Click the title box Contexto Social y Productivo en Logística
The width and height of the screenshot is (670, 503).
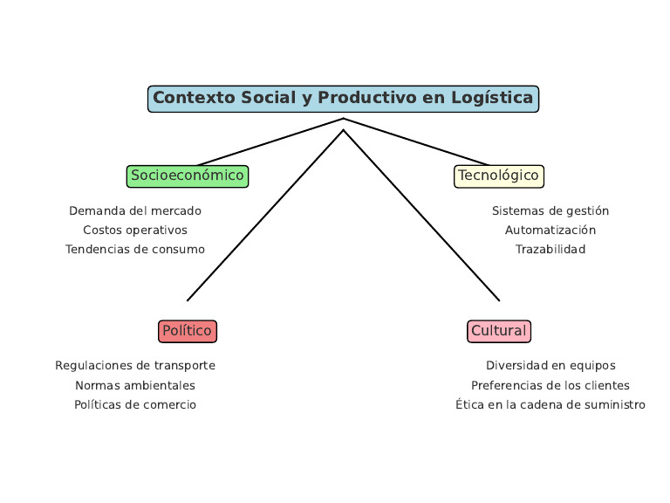[343, 99]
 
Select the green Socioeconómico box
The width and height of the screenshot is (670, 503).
[188, 176]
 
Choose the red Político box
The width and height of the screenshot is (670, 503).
[188, 331]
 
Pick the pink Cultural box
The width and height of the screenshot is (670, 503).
[499, 331]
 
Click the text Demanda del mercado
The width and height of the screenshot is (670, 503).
[135, 211]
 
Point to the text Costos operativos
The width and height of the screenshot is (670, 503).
[135, 231]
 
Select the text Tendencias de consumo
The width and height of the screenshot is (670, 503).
[135, 250]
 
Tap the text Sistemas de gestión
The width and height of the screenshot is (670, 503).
[550, 211]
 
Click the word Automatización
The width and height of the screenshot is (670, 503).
[550, 231]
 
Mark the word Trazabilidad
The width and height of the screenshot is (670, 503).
[550, 250]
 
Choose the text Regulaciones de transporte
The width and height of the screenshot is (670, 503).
[135, 366]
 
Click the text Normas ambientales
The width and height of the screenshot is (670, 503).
[135, 385]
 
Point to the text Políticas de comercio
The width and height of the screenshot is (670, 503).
[135, 405]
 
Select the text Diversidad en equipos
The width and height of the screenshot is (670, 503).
[550, 366]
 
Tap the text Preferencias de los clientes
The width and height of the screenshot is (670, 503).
[550, 385]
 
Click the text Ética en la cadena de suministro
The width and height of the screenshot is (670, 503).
[550, 405]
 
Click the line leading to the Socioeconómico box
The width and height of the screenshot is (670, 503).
[270, 141]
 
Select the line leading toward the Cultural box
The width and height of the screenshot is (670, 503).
[421, 216]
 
